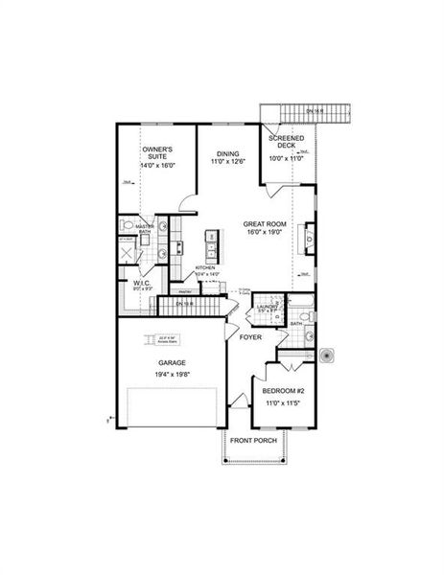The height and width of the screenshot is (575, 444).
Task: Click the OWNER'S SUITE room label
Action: (x=156, y=150)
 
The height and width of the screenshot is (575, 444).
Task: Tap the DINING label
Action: (x=227, y=153)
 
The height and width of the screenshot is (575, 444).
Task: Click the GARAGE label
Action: (x=172, y=363)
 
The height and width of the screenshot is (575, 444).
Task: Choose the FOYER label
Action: (x=251, y=337)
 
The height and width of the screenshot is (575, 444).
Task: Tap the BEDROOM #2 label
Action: (x=285, y=393)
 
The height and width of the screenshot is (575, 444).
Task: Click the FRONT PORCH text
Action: (x=253, y=440)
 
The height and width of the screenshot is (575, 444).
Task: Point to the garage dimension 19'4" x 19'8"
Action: (x=172, y=375)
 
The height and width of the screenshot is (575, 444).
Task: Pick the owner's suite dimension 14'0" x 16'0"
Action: (x=156, y=164)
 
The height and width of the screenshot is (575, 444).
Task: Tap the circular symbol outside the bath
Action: (x=327, y=355)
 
